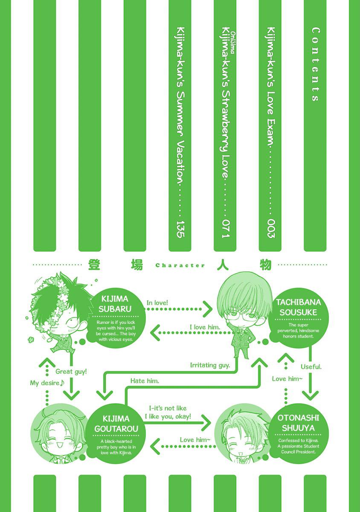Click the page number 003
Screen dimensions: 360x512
[271, 229]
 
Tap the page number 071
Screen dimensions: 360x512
[226, 229]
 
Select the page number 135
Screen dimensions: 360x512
[181, 229]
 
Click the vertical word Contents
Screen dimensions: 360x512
[316, 64]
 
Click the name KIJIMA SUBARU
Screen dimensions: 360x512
[115, 304]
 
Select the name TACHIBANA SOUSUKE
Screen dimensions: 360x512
[298, 307]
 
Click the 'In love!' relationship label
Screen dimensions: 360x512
[157, 303]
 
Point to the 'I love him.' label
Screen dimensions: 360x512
[205, 327]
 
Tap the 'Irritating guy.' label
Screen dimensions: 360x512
[210, 365]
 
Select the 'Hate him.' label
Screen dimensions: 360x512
[145, 381]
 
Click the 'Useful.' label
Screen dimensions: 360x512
[311, 367]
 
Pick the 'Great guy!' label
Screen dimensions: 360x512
[71, 372]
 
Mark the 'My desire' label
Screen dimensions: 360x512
[47, 383]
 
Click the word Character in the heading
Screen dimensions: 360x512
[180, 265]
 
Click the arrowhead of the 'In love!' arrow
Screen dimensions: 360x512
[208, 309]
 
